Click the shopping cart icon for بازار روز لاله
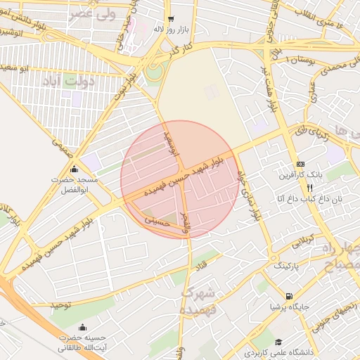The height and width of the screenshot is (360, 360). [171, 20]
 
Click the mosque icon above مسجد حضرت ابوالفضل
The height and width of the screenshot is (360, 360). [75, 169]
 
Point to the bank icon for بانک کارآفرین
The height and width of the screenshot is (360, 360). [300, 164]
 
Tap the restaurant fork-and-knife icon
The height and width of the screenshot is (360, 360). [309, 188]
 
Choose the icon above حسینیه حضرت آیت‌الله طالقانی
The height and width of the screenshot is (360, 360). [84, 327]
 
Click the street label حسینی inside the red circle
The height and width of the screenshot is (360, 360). [157, 221]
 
